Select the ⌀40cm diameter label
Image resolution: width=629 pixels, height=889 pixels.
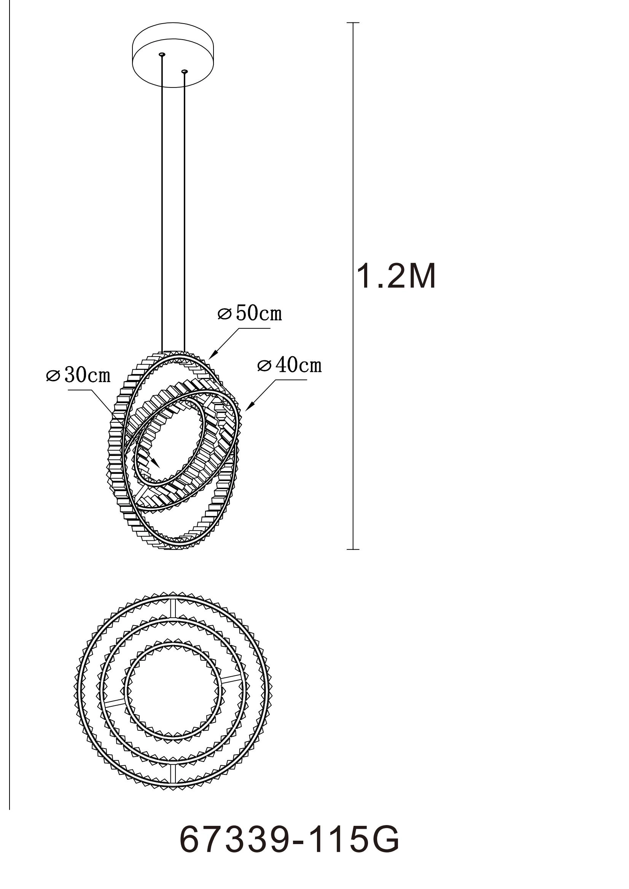click(290, 365)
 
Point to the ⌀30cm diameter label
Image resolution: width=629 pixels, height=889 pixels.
click(78, 375)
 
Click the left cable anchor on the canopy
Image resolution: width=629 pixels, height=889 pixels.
click(162, 55)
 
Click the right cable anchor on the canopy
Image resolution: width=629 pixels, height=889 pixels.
click(184, 71)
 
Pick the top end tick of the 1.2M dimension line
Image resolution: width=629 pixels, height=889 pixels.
click(353, 23)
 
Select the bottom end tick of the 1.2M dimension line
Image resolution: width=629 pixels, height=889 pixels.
click(353, 549)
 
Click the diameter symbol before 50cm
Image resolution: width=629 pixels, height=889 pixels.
click(224, 314)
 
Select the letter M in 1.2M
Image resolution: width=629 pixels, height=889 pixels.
click(421, 277)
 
